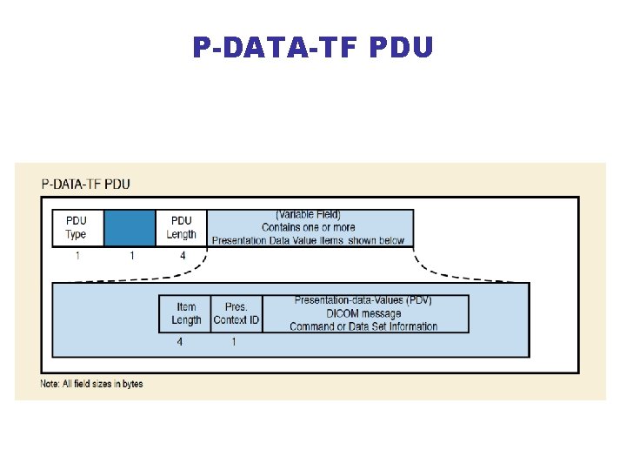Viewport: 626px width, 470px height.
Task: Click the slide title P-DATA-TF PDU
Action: point(312,47)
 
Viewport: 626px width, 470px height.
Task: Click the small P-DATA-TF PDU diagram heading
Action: point(86,184)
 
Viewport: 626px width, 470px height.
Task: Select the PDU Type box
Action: point(77,228)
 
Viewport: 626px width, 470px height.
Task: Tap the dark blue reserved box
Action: point(130,228)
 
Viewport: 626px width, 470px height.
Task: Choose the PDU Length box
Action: point(182,228)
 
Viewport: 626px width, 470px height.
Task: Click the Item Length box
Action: point(186,313)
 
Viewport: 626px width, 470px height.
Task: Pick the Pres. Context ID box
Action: point(236,313)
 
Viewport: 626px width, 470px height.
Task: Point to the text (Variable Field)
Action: point(308,215)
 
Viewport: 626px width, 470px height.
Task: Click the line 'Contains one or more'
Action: point(308,227)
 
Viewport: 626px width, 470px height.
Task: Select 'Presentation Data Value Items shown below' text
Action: point(308,240)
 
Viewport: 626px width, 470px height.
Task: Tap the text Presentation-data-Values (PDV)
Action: point(363,300)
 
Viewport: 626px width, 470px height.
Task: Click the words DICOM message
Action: point(363,313)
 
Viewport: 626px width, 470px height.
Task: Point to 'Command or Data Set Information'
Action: point(363,326)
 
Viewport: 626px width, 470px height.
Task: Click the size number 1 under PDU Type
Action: point(77,256)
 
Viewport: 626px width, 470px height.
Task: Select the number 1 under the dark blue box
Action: point(131,256)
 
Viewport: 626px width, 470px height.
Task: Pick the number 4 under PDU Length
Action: point(183,256)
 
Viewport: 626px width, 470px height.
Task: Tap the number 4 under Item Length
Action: point(180,342)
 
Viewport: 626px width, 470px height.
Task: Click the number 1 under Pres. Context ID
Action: point(233,342)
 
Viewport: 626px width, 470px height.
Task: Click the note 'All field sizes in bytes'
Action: point(91,384)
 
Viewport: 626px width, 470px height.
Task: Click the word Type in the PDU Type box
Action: point(77,234)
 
